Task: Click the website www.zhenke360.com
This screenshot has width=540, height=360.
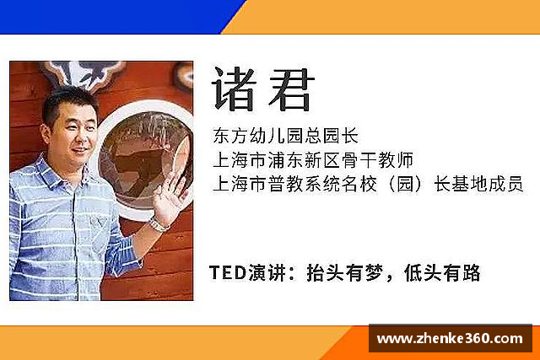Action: [x=449, y=339]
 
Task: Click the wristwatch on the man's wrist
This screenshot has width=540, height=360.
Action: [x=158, y=223]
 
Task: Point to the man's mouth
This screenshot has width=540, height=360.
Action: [x=80, y=150]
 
